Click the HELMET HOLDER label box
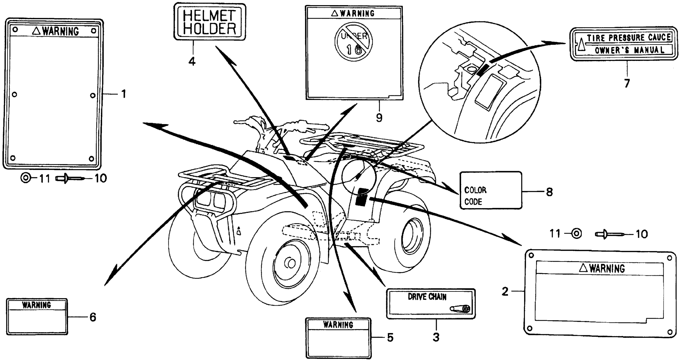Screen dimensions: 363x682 (x=209, y=22)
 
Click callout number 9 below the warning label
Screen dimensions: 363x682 (x=379, y=117)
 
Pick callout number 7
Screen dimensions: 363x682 (x=627, y=83)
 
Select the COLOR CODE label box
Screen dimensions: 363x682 (x=491, y=190)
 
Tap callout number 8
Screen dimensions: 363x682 (x=549, y=192)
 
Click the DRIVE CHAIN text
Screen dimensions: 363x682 (x=427, y=297)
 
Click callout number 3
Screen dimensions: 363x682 (x=436, y=337)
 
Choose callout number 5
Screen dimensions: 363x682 (x=390, y=337)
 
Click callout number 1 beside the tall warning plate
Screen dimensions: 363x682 (x=123, y=94)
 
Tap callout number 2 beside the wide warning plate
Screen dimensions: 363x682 (x=505, y=291)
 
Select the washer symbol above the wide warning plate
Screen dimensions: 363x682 (x=576, y=234)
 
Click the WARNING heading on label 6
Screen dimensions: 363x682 (x=37, y=305)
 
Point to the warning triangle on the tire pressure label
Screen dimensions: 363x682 (x=581, y=44)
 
